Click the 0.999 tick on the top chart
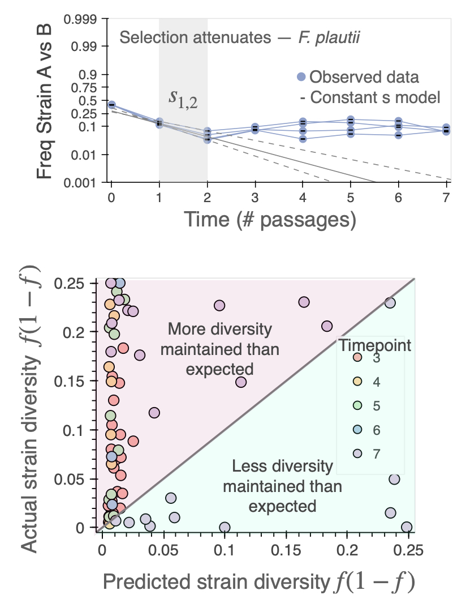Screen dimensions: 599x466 [x=83, y=19]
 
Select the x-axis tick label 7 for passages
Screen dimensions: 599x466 [x=446, y=199]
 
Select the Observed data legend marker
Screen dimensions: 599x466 [x=303, y=77]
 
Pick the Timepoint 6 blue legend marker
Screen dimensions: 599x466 [x=357, y=430]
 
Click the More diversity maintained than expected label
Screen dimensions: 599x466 [x=219, y=349]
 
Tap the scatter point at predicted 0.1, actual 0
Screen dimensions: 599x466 [x=225, y=528]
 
